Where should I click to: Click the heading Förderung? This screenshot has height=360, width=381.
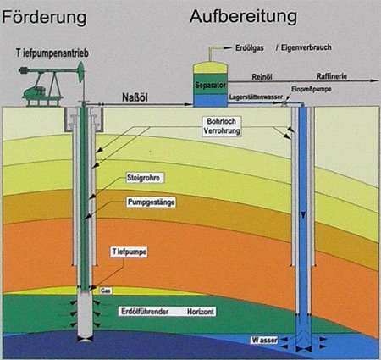pyautogui.click(x=44, y=18)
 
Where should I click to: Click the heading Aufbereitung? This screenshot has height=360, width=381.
pyautogui.click(x=243, y=17)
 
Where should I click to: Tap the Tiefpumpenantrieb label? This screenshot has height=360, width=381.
pyautogui.click(x=52, y=53)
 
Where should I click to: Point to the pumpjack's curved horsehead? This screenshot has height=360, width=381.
pyautogui.click(x=81, y=72)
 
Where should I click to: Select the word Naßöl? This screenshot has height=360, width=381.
pyautogui.click(x=135, y=97)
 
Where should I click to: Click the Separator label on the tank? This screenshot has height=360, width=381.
pyautogui.click(x=210, y=85)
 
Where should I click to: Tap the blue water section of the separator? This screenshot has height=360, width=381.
pyautogui.click(x=210, y=101)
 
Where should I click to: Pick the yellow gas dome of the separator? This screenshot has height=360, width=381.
pyautogui.click(x=210, y=68)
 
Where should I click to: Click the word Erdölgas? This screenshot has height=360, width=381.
pyautogui.click(x=250, y=48)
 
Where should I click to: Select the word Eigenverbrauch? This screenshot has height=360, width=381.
pyautogui.click(x=306, y=47)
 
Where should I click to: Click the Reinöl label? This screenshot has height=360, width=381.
pyautogui.click(x=262, y=77)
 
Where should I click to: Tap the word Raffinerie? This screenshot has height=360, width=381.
pyautogui.click(x=332, y=76)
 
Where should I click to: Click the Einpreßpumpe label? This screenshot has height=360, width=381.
pyautogui.click(x=312, y=89)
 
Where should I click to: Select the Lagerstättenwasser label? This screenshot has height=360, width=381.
pyautogui.click(x=256, y=97)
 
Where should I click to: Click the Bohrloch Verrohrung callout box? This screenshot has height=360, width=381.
pyautogui.click(x=222, y=126)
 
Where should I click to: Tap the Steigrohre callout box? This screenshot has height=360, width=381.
pyautogui.click(x=143, y=178)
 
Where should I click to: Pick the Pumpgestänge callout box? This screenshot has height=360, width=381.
pyautogui.click(x=152, y=202)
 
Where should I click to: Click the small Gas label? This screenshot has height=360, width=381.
pyautogui.click(x=106, y=291)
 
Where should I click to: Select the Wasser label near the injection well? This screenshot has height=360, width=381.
pyautogui.click(x=264, y=340)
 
